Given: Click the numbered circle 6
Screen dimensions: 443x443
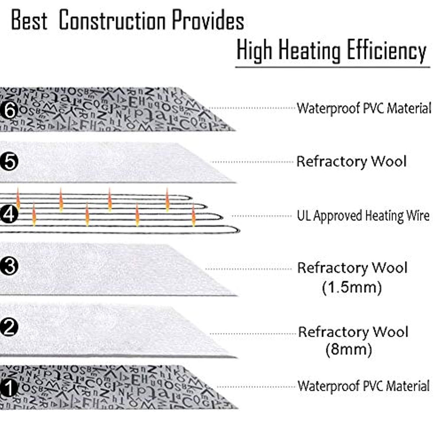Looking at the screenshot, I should pos(10,110).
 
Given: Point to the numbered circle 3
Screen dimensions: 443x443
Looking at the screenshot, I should pos(10,266).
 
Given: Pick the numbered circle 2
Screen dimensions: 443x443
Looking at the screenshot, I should pos(10,327).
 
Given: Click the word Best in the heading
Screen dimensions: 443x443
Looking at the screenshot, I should pos(29,21).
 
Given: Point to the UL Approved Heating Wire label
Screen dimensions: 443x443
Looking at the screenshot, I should pos(363,215).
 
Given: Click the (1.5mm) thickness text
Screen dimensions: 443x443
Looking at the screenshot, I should pos(352,287).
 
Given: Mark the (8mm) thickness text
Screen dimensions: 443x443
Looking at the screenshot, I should pos(349,350).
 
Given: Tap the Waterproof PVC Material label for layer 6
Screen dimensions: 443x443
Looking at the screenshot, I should pos(363,108).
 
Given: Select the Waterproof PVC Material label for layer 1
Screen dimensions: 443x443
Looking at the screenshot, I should pos(363,385).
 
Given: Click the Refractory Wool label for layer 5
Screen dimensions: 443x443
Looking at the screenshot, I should pos(351,162).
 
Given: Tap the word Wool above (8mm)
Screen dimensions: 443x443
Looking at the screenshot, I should pos(390,332).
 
